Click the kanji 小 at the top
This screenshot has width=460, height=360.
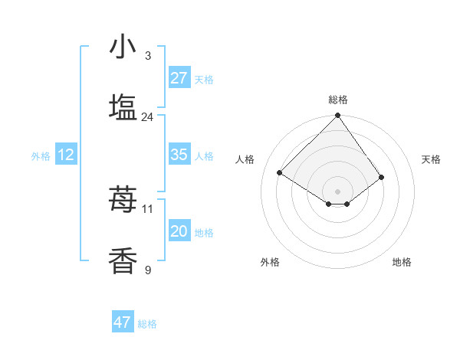pos(123,47)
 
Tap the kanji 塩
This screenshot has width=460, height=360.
pos(123,108)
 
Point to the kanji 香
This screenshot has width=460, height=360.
pos(123,261)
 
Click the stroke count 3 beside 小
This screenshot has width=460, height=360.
pos(148,56)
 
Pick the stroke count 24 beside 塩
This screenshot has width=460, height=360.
pos(148,117)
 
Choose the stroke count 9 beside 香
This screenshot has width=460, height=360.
pos(148,270)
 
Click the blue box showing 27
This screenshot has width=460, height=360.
pos(179,78)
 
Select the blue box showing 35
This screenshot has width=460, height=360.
pos(179,155)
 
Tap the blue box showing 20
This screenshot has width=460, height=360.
pos(179,231)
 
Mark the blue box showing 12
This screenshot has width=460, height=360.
pos(66,155)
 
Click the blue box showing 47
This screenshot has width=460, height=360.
pos(123,322)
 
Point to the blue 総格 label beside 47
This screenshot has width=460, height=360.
pos(147,324)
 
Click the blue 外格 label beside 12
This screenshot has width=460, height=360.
pos(41,156)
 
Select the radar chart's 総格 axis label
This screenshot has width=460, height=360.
pos(338,100)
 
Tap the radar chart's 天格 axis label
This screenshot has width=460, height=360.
pos(432,159)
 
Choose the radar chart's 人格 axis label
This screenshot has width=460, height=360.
pos(245,159)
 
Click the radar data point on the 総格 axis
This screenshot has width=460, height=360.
pos(338,116)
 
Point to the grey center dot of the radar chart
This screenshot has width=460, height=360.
pos(338,191)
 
